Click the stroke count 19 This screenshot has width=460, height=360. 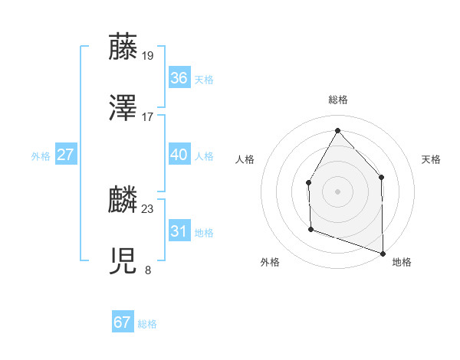[148, 55]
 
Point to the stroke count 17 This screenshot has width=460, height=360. [148, 117]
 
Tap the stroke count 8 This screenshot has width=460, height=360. [148, 270]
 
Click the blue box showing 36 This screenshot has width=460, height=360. [179, 77]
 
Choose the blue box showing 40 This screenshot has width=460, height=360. [179, 154]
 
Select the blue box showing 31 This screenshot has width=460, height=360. [179, 231]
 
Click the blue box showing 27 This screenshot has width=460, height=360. [66, 155]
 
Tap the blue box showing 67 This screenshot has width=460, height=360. [123, 322]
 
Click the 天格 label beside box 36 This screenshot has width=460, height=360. [204, 79]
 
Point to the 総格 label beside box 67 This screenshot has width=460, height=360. [147, 324]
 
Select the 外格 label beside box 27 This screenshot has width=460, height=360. [41, 156]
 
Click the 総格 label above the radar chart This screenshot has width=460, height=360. [337, 100]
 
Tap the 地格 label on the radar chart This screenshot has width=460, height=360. [402, 262]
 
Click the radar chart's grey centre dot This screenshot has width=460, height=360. [337, 191]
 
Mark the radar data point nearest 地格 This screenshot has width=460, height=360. [382, 252]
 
